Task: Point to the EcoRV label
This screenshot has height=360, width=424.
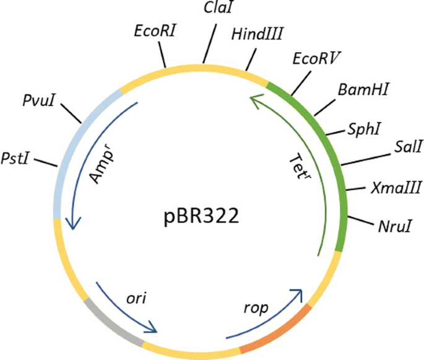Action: tap(317, 59)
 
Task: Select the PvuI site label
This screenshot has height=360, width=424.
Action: tap(39, 99)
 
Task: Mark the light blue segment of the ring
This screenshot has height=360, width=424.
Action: tap(69, 149)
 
